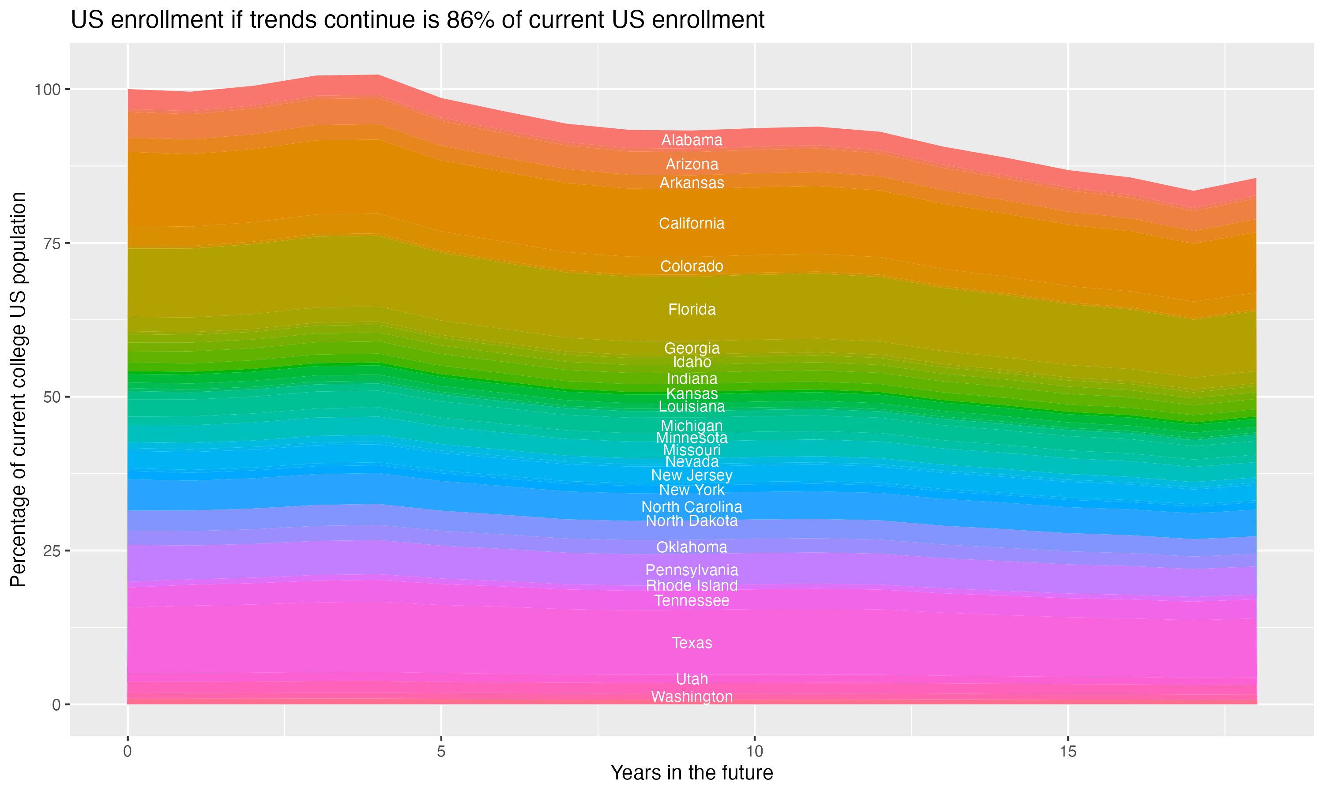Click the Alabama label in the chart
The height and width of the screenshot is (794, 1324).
[x=692, y=140]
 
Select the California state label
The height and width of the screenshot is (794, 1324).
[x=692, y=224]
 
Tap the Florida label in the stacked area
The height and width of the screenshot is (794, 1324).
[x=692, y=310]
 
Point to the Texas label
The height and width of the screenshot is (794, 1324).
[x=692, y=643]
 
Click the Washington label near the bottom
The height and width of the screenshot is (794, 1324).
[x=692, y=697]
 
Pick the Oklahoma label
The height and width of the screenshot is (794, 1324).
[x=692, y=547]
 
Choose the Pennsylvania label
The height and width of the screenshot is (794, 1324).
[x=692, y=570]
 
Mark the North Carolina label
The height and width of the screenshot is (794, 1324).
[x=692, y=507]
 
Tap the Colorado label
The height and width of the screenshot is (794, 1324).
[x=692, y=266]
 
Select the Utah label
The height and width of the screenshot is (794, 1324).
[x=692, y=679]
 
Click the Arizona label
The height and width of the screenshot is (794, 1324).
[x=692, y=164]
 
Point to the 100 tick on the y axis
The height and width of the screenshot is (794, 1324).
[x=49, y=90]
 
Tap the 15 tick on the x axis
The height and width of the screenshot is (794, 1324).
[x=1068, y=752]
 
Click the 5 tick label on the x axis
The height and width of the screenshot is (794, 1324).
[x=441, y=752]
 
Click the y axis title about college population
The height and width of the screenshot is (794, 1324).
[x=19, y=390]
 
